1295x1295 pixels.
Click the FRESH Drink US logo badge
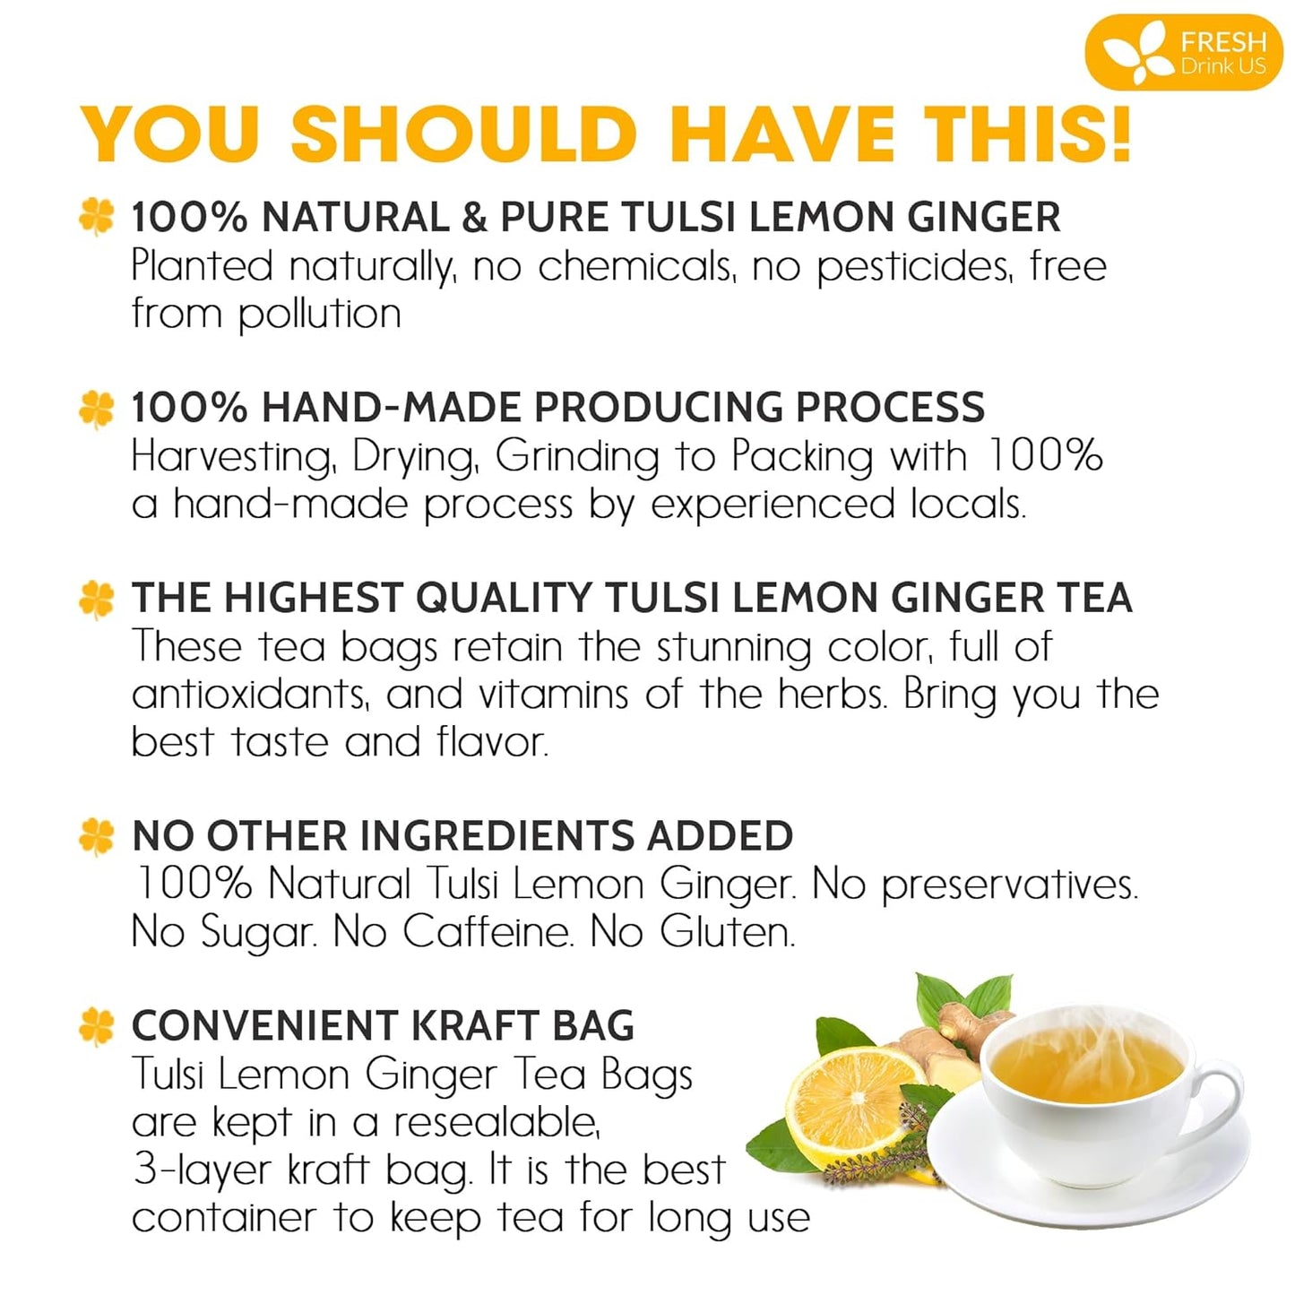tap(1184, 52)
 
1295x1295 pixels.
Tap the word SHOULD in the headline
tap(462, 134)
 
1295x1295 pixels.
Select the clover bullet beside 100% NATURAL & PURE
tap(97, 217)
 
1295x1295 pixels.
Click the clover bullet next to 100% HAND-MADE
tap(97, 408)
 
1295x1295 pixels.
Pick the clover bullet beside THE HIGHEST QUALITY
tap(97, 599)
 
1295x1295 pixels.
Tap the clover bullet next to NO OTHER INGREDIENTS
tap(97, 836)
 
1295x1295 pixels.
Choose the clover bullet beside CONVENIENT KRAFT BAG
tap(97, 1026)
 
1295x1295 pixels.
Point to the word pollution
tap(319, 315)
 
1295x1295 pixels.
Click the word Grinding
tap(577, 457)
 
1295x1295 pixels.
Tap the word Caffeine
tap(487, 933)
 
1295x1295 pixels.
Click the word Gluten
tap(727, 933)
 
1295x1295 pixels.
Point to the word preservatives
tap(1009, 885)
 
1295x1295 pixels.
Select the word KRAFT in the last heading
tap(474, 1026)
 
